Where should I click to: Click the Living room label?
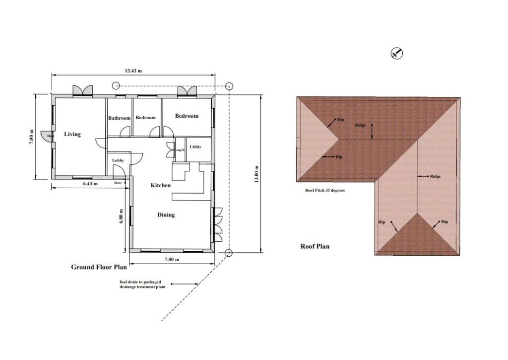pos(72,134)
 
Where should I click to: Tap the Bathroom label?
pos(119,118)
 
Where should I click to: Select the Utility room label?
pos(195,147)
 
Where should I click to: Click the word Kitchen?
pos(161,185)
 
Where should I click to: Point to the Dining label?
pos(166,215)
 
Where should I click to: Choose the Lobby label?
pos(118,160)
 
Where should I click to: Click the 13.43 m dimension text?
pos(133,71)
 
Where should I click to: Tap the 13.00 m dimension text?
pos(256,174)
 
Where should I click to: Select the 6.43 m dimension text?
pos(90,184)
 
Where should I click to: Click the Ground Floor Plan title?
pos(99,267)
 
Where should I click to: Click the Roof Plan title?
pos(315,246)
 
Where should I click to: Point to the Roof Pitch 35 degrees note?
pos(325,190)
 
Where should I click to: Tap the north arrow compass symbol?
pos(396,53)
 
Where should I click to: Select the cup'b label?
pos(180,148)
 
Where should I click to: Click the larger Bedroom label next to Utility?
pos(187,116)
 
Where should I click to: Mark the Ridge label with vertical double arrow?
pos(361,125)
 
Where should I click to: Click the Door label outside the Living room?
pos(51,136)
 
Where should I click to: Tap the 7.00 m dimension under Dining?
pos(171,259)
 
